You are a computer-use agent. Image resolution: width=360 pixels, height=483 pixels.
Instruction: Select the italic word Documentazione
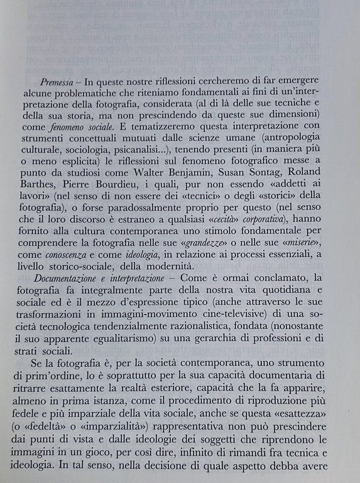pos(73,285)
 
